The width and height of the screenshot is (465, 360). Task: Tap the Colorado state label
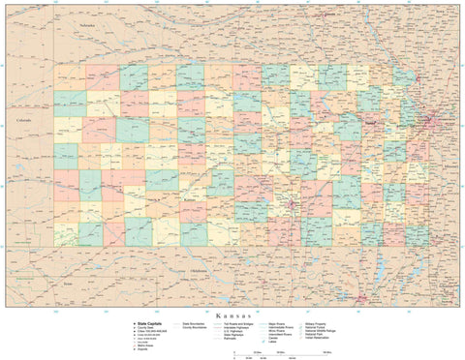click(x=24, y=120)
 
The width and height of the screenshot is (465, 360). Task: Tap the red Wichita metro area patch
click(x=292, y=205)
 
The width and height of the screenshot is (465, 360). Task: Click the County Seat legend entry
click(x=145, y=328)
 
